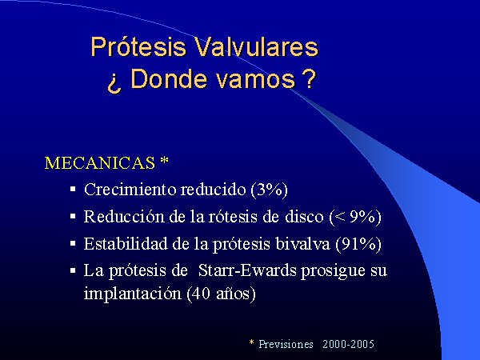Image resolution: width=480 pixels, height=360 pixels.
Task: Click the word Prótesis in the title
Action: pos(138,47)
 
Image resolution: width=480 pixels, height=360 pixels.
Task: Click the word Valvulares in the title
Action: pos(257,46)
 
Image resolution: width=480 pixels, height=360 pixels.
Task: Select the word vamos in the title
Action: pos(256,80)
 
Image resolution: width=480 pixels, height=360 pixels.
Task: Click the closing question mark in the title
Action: pos(309,78)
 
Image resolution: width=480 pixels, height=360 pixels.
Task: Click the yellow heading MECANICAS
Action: pos(100,163)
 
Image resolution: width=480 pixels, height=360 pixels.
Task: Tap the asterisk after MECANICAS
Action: pos(164,161)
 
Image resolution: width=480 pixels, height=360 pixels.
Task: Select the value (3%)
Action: pos(269,190)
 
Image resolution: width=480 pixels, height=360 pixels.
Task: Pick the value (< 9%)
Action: pos(355,217)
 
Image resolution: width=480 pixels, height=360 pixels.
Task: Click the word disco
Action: pos(304,216)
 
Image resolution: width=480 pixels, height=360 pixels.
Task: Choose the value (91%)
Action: pos(358,244)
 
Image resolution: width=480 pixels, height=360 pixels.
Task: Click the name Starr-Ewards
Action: pos(247,270)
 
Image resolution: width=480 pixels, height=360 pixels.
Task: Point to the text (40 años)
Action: pos(221,294)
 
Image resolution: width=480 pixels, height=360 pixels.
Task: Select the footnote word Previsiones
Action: pos(286,344)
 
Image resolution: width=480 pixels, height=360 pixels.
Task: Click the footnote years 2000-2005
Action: pos(348,344)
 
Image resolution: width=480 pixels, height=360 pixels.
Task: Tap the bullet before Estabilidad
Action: pos(73,244)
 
